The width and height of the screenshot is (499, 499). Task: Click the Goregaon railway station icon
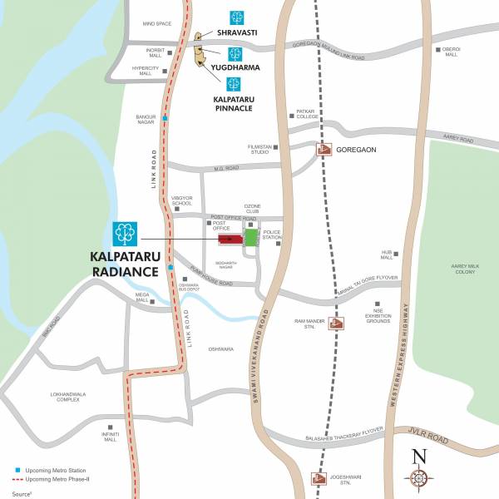pyautogui.click(x=324, y=151)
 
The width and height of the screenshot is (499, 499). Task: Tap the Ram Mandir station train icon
pyautogui.click(x=337, y=324)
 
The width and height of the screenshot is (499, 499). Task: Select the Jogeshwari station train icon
pyautogui.click(x=318, y=478)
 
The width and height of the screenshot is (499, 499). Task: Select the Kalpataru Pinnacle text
pyautogui.click(x=233, y=103)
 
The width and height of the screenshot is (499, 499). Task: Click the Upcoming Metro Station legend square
pyautogui.click(x=17, y=471)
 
